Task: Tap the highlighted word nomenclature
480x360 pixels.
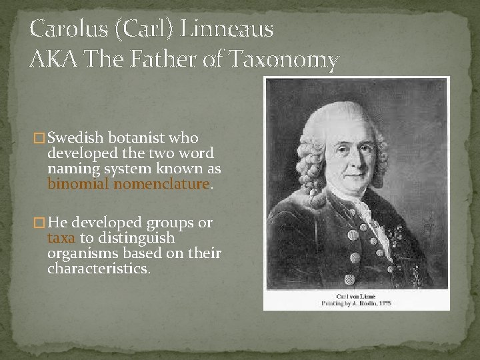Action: pyautogui.click(x=161, y=183)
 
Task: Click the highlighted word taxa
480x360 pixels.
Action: pyautogui.click(x=61, y=238)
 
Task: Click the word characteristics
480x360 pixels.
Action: pyautogui.click(x=98, y=269)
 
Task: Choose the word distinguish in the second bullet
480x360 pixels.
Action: pyautogui.click(x=136, y=238)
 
